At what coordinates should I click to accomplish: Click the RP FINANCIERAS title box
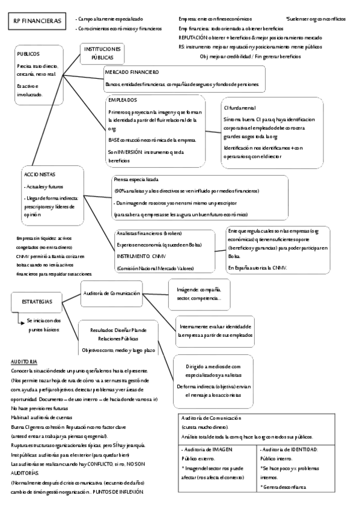click(x=37, y=22)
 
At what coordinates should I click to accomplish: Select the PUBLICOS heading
click(x=28, y=54)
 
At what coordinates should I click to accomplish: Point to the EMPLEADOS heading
click(x=123, y=100)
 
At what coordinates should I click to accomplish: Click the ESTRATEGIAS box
click(x=37, y=301)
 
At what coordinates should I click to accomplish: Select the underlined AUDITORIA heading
click(x=24, y=361)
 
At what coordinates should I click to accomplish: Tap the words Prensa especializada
click(x=136, y=180)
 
